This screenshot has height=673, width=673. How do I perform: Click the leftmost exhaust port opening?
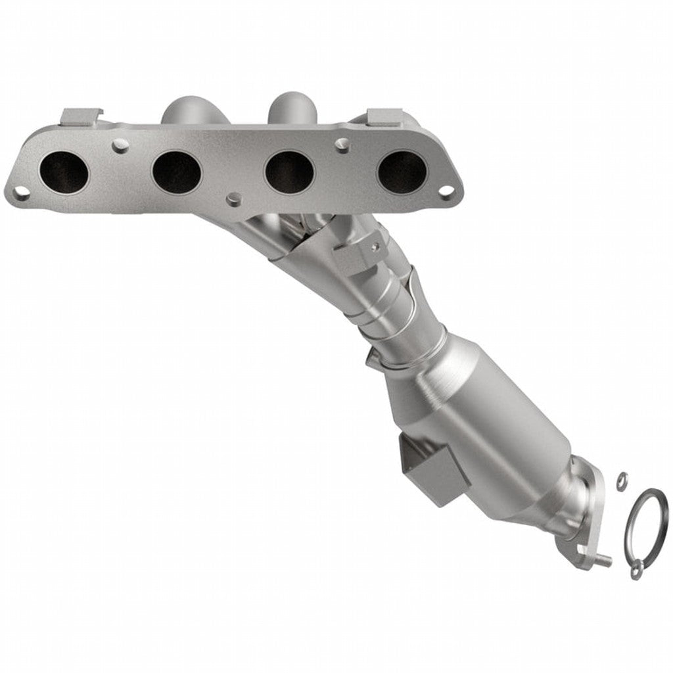click(63, 172)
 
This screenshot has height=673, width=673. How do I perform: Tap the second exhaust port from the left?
click(176, 172)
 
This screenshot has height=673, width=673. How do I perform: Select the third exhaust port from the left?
click(289, 172)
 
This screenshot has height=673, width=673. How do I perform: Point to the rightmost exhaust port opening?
click(402, 172)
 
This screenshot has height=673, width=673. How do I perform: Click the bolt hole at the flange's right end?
click(446, 191)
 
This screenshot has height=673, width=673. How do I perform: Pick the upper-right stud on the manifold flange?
click(340, 142)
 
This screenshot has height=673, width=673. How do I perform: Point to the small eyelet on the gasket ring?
click(635, 573)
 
